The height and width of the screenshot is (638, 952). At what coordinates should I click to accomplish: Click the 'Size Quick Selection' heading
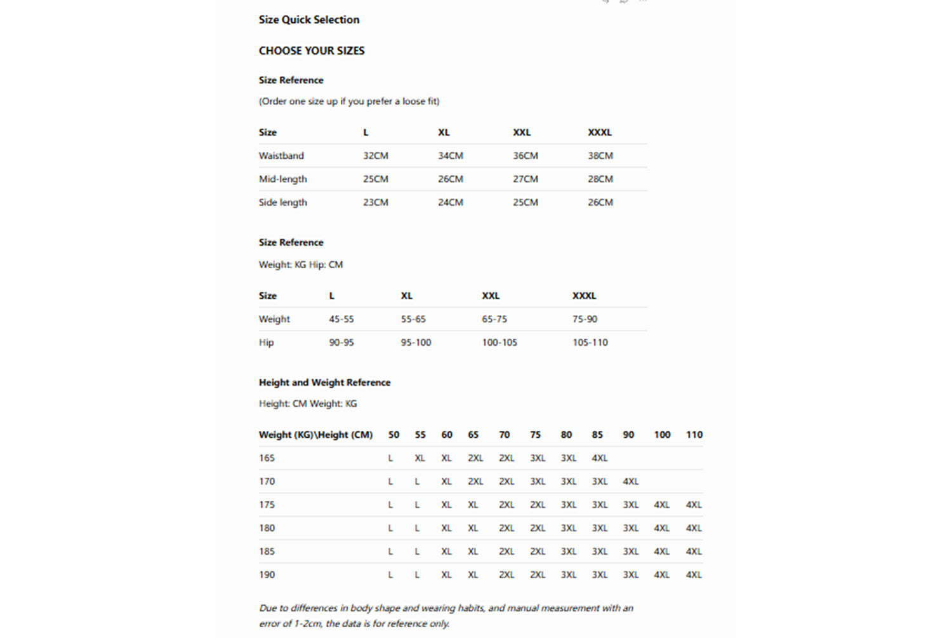click(x=308, y=20)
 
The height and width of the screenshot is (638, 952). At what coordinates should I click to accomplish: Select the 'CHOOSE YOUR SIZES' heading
click(x=311, y=51)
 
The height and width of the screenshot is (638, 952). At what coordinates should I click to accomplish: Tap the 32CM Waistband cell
click(x=375, y=156)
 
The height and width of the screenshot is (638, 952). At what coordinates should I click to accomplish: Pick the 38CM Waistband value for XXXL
click(x=600, y=156)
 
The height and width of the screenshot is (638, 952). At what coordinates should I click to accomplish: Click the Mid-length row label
click(x=282, y=179)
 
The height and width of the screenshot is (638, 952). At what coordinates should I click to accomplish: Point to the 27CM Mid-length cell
click(x=525, y=179)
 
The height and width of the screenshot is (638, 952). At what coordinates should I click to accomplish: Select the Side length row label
click(x=282, y=203)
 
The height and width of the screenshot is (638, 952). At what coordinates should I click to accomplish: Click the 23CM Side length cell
click(x=375, y=203)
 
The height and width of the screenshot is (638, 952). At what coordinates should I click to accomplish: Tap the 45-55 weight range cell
click(x=341, y=319)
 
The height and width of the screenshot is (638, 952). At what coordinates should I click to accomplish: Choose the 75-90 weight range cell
click(x=584, y=319)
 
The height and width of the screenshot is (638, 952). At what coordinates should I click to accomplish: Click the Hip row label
click(x=266, y=343)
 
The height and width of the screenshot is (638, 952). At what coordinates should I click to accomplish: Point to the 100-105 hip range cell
click(x=499, y=343)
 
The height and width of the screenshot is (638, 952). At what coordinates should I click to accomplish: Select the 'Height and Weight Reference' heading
click(x=324, y=383)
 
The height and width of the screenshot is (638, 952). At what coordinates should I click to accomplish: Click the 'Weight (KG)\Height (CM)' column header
click(x=315, y=435)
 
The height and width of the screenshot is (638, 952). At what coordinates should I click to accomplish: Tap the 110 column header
click(x=694, y=435)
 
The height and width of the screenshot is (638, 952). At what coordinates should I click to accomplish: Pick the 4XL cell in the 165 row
click(x=599, y=458)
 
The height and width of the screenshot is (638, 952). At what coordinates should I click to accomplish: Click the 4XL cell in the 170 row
click(x=630, y=482)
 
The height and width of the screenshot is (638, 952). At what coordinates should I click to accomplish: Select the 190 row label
click(x=267, y=575)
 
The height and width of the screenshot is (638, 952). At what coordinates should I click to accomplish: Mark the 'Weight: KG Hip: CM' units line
click(x=300, y=265)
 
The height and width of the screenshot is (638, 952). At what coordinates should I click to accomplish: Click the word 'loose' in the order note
click(x=413, y=102)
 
